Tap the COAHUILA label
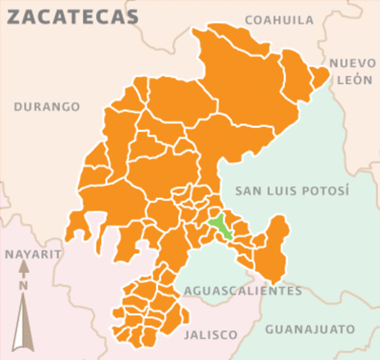(279, 20)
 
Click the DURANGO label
(47, 106)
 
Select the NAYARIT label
(32, 254)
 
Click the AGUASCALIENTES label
(243, 291)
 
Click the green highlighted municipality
(220, 226)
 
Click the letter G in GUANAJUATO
(270, 328)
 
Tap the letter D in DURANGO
(18, 106)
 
